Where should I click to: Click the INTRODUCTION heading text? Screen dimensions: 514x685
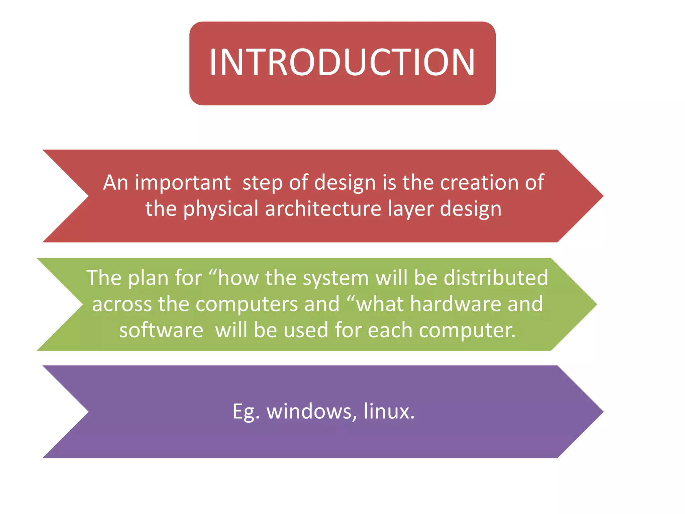pyautogui.click(x=342, y=63)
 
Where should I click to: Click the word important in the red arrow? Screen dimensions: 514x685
pyautogui.click(x=183, y=183)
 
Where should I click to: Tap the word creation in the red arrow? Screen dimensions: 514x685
pyautogui.click(x=480, y=183)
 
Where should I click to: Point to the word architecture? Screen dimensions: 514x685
pyautogui.click(x=323, y=209)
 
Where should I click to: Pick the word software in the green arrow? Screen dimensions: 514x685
pyautogui.click(x=161, y=330)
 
